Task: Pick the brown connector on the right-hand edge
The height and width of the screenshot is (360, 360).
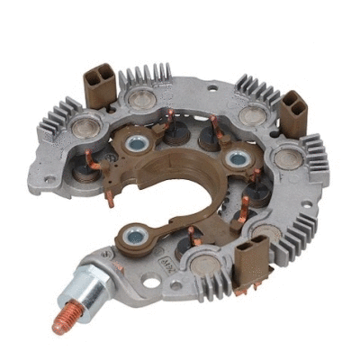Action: pyautogui.click(x=292, y=113)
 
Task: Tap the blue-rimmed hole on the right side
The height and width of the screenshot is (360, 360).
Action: pyautogui.click(x=236, y=160)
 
